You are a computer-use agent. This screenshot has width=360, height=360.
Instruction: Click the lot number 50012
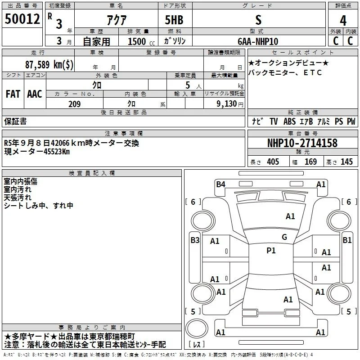pyautogui.click(x=22, y=19)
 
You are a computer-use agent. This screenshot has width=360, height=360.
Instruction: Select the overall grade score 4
pyautogui.click(x=343, y=20)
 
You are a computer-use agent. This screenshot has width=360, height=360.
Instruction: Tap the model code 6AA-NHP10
pyautogui.click(x=258, y=41)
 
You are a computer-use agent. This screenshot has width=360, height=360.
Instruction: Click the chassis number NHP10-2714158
pyautogui.click(x=302, y=143)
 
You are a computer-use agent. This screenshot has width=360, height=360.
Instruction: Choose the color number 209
pyautogui.click(x=75, y=104)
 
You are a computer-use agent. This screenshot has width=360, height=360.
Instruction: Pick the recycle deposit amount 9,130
pyautogui.click(x=227, y=104)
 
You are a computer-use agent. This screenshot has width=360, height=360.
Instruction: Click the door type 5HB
pyautogui.click(x=174, y=20)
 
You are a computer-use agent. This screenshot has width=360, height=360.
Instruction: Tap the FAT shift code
pyautogui.click(x=13, y=94)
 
